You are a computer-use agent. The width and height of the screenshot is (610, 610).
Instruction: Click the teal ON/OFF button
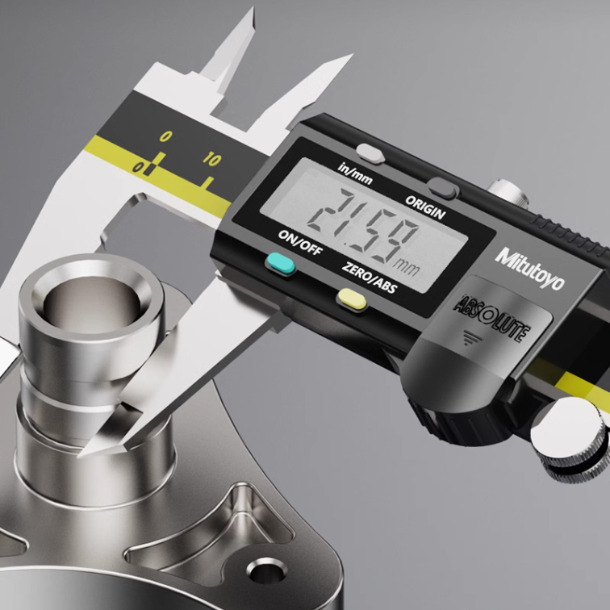click(x=281, y=263)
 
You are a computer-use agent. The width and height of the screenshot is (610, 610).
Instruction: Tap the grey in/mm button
click(x=371, y=152)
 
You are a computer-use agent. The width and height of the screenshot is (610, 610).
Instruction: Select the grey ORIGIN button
click(x=443, y=188)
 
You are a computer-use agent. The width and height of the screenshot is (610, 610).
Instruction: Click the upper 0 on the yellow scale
click(x=165, y=136)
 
